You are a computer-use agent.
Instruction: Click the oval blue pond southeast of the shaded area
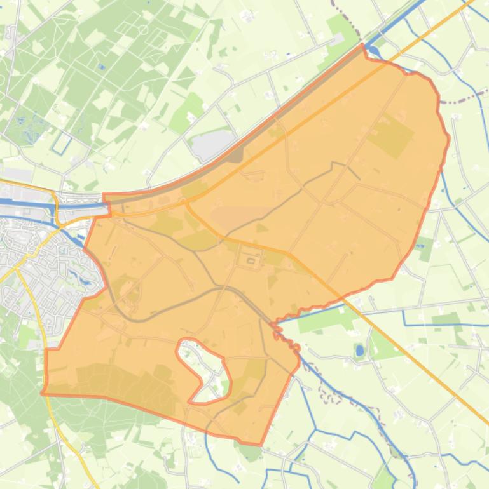(x=360, y=350)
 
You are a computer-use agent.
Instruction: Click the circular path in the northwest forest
(x=143, y=30)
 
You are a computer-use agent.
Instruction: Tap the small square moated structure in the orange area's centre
(x=251, y=260)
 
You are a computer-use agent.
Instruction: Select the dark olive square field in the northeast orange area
(x=390, y=135)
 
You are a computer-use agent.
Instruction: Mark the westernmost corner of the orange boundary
(x=43, y=393)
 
